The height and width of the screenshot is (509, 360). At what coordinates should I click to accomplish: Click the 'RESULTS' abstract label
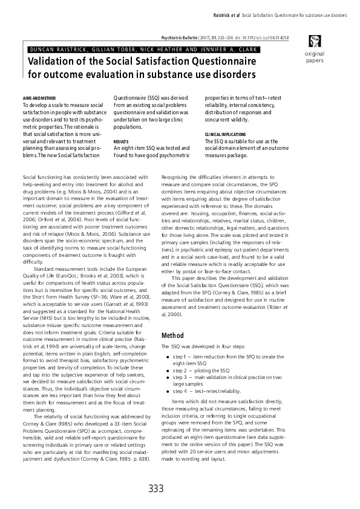[122, 141]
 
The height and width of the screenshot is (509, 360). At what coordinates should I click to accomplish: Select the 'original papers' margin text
[314, 57]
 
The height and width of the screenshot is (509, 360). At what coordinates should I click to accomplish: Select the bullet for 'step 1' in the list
[168, 358]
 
